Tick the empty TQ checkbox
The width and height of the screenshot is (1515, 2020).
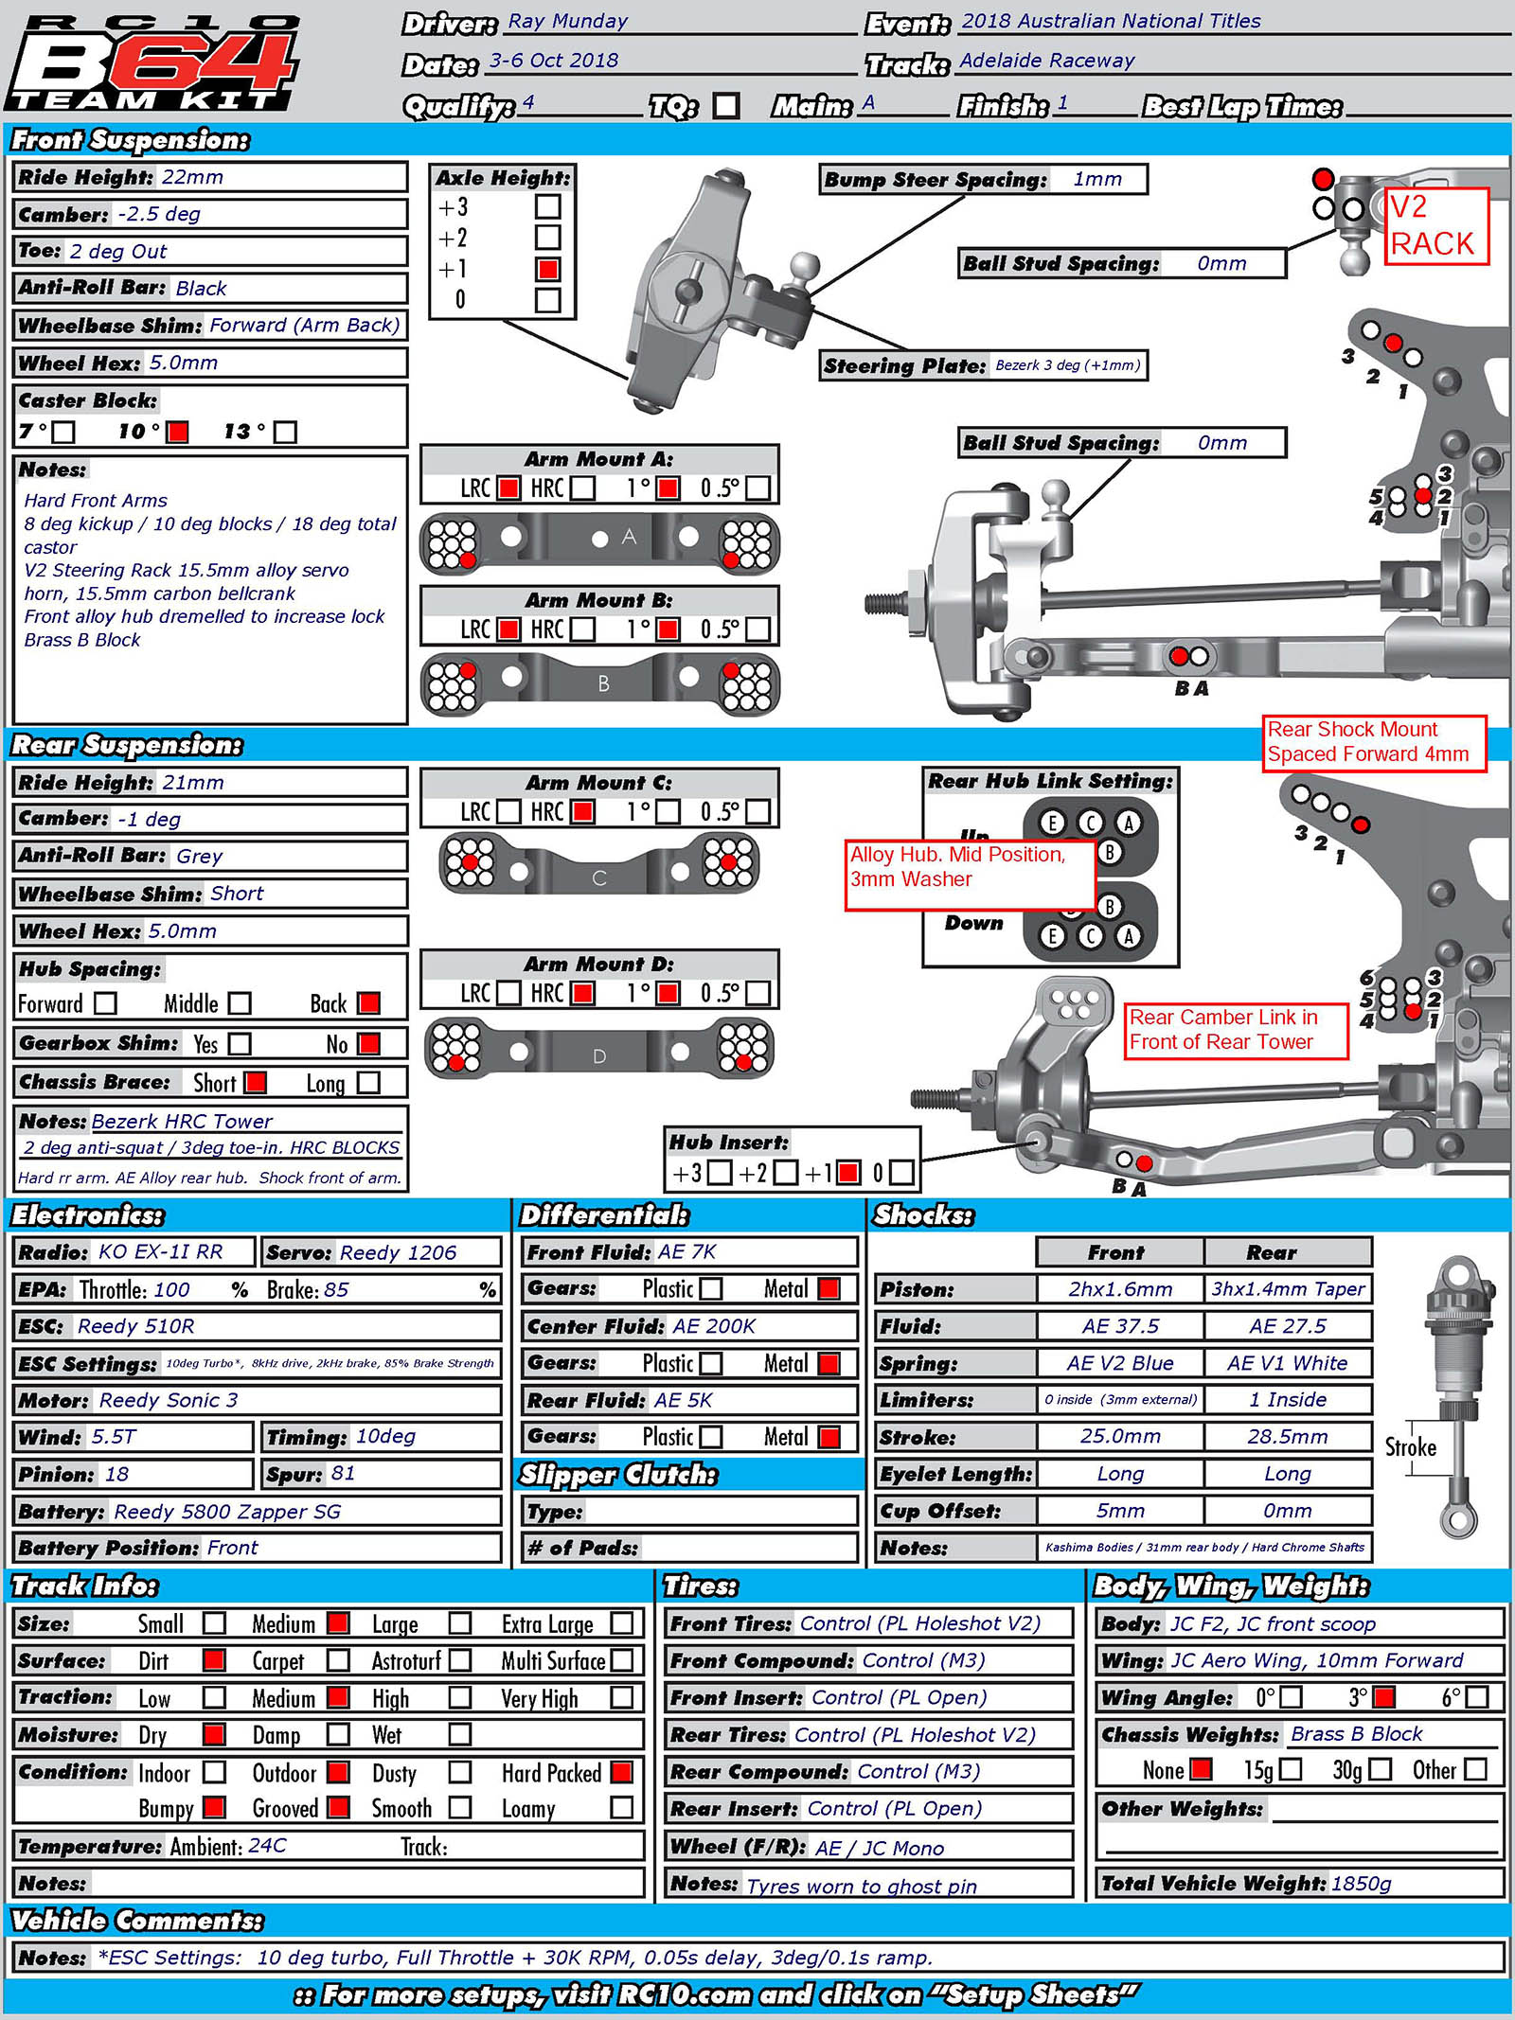(x=726, y=105)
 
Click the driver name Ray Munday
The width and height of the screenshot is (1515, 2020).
(x=567, y=21)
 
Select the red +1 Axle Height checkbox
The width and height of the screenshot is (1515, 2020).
(x=547, y=269)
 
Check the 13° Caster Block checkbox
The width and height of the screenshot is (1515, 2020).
(x=285, y=432)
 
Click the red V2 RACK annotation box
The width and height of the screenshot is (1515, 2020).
(x=1435, y=226)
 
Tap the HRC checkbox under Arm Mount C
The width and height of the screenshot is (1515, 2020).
(x=583, y=812)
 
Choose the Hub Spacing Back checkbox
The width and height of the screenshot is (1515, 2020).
(x=368, y=1003)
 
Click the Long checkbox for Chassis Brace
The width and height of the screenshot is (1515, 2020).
(x=368, y=1083)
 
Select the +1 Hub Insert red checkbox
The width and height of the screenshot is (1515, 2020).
(x=848, y=1173)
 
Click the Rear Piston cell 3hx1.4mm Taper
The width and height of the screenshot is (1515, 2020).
(x=1288, y=1289)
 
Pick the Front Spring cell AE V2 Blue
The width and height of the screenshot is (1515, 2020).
(x=1119, y=1363)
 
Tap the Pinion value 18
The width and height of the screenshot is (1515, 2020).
(x=116, y=1474)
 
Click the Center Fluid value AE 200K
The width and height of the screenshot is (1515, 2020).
(x=714, y=1326)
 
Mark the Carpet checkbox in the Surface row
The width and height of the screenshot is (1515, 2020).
(x=338, y=1660)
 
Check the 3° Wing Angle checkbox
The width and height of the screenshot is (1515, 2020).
(x=1383, y=1697)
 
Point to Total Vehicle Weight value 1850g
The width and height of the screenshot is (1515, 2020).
(x=1361, y=1884)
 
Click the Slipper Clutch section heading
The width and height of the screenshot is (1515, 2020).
(x=618, y=1475)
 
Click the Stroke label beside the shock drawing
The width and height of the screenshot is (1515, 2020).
(x=1410, y=1447)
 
